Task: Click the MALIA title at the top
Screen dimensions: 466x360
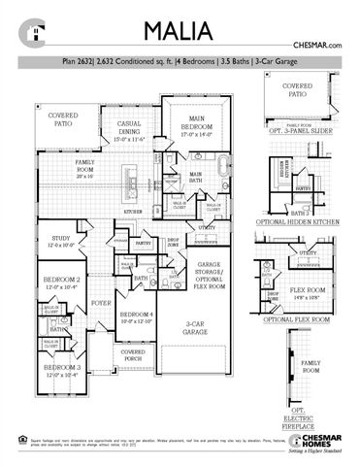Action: click(x=180, y=29)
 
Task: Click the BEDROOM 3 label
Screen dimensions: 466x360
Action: click(x=60, y=372)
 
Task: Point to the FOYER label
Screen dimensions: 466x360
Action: click(x=102, y=303)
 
